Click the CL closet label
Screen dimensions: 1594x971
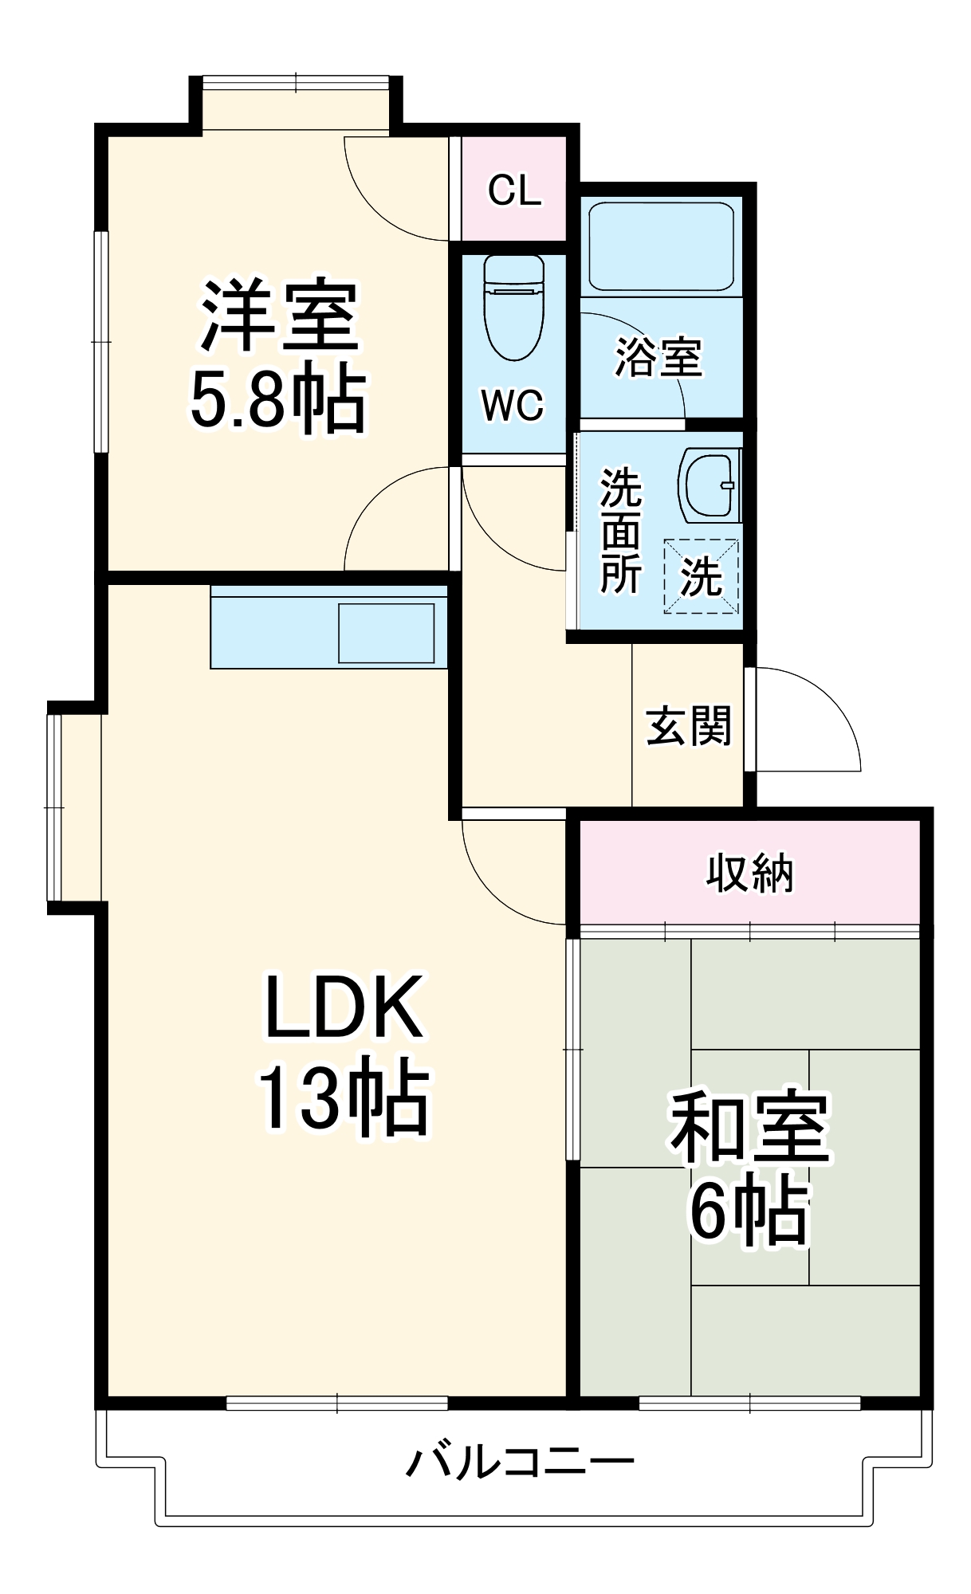coord(514,190)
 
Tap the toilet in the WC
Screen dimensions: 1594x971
coord(514,307)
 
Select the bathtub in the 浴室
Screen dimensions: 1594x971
coord(661,246)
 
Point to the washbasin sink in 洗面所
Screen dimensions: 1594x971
coord(709,485)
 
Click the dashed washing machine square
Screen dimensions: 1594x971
coord(701,576)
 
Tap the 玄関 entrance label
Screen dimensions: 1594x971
coord(689,726)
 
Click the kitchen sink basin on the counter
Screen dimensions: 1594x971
coord(387,633)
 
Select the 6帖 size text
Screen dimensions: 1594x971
coord(749,1211)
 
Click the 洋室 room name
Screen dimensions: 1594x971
coord(279,315)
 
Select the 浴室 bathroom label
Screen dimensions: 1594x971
coord(658,357)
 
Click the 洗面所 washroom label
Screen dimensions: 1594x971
coord(620,531)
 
